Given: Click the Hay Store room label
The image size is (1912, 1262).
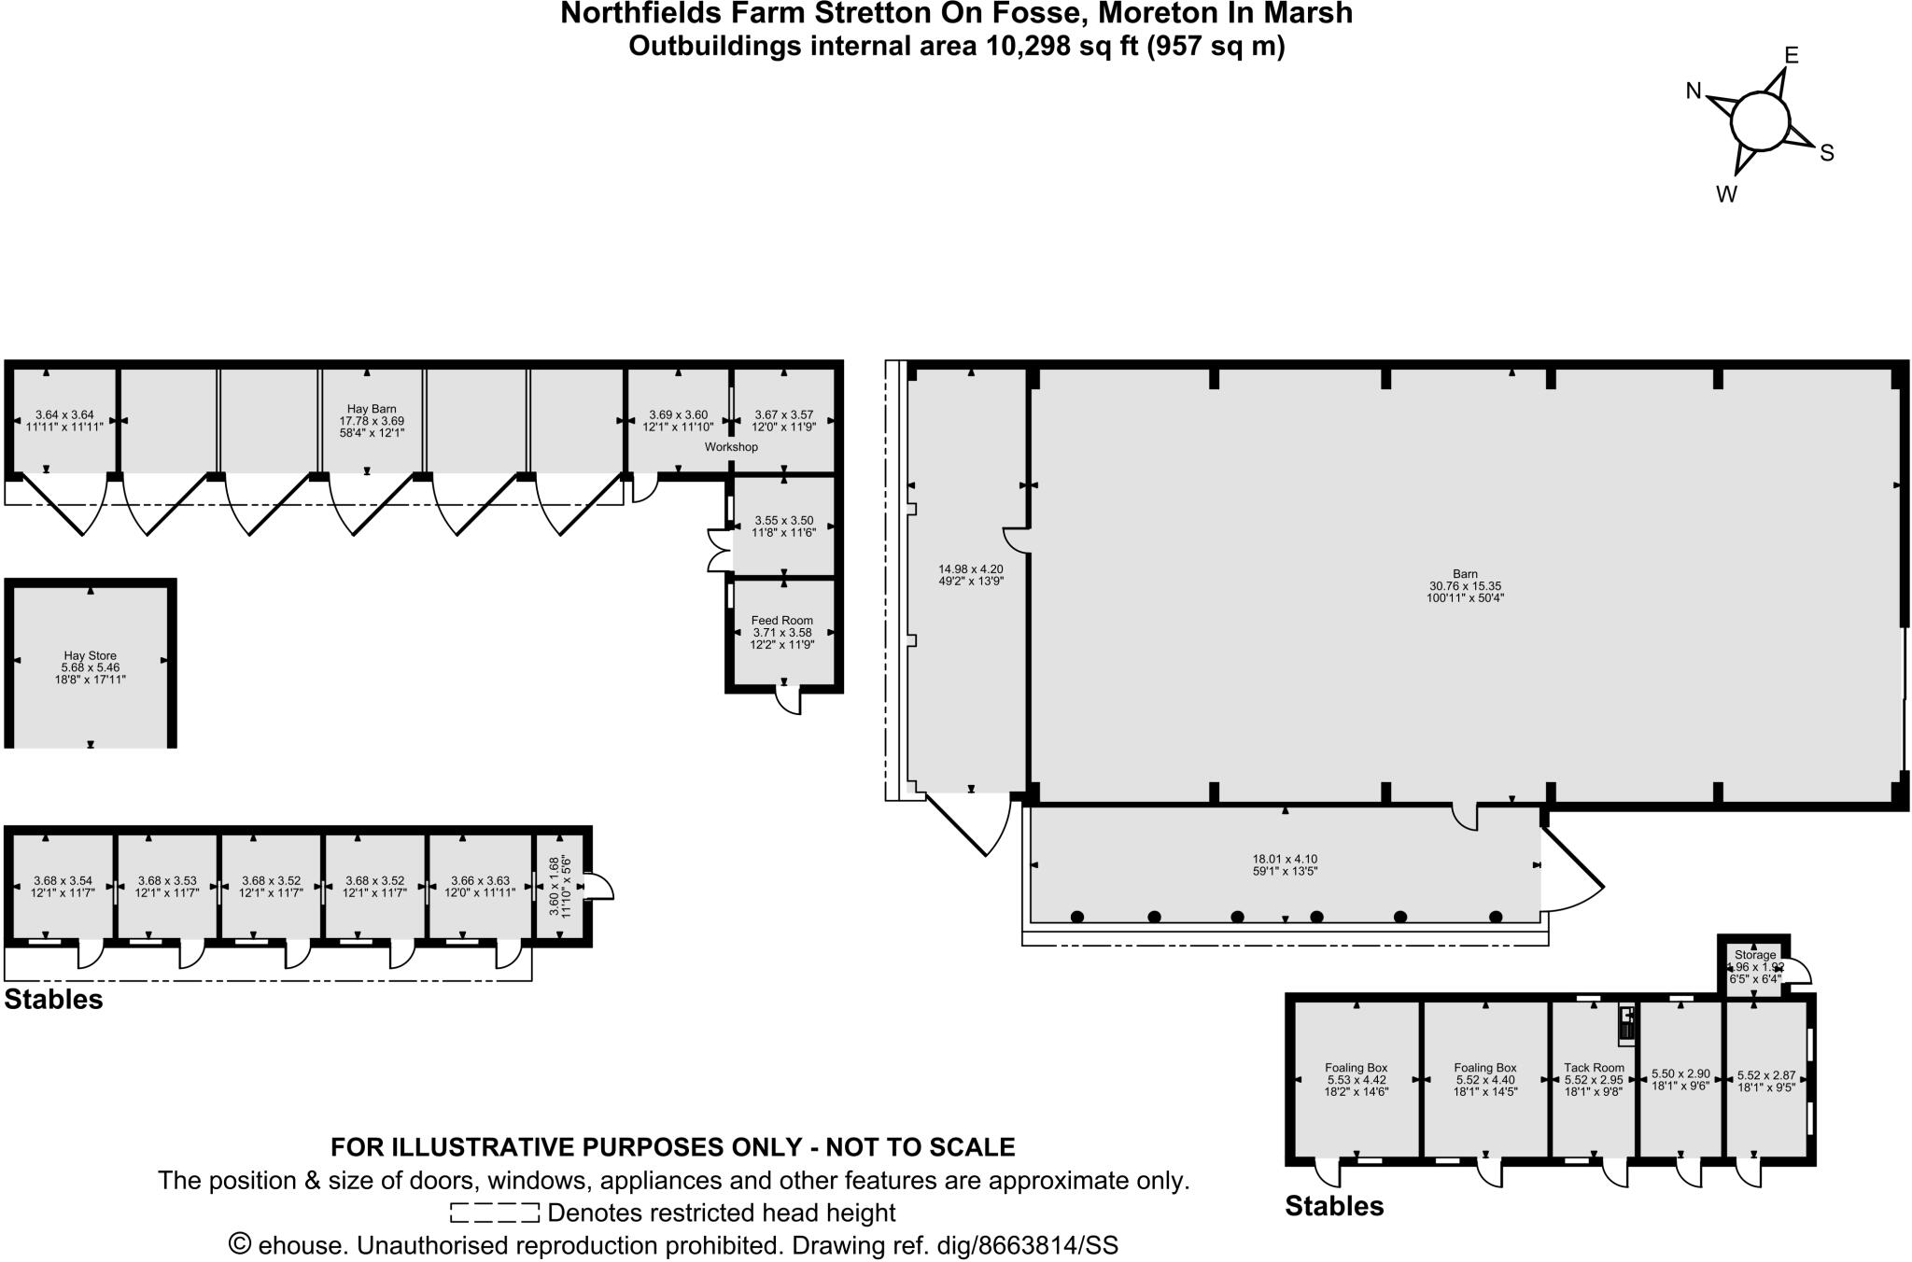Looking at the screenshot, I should [x=90, y=656].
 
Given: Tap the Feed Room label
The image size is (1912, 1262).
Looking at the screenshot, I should [x=781, y=620].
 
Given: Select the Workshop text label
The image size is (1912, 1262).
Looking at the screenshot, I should [x=731, y=447].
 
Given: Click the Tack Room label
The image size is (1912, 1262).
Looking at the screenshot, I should [x=1594, y=1068].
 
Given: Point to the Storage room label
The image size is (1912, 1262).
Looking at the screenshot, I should [x=1755, y=955].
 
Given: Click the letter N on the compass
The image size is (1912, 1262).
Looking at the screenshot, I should [x=1694, y=91].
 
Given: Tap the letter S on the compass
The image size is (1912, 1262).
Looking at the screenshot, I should [x=1827, y=153].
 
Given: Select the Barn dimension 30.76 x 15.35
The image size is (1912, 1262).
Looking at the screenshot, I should [x=1465, y=586].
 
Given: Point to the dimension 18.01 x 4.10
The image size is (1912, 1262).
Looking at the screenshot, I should [x=1285, y=859].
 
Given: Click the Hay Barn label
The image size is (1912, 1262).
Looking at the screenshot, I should [x=371, y=409].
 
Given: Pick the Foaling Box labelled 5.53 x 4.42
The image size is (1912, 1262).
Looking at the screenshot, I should [x=1356, y=1079].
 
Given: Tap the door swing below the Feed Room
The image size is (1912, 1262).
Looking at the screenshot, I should [x=790, y=701].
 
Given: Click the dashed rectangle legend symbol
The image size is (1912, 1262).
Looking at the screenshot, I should [x=494, y=1213].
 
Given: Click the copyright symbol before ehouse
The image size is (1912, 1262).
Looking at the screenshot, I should [x=240, y=1245].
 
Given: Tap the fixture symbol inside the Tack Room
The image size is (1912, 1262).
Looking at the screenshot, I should [x=1626, y=1022].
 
